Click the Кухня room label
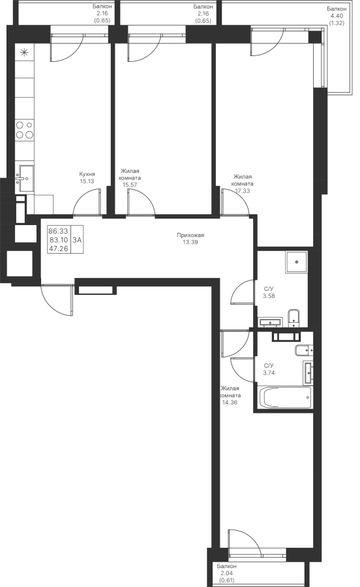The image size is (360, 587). pos(87,174)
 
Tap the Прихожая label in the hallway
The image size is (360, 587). pos(190,235)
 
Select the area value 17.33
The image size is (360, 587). pos(243,190)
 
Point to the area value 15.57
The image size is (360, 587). pos(130,185)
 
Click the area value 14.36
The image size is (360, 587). pos(230,402)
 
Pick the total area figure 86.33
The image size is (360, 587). pos(59,232)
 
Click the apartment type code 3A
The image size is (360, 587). pos(77,240)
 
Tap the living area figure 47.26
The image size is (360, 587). pos(59,248)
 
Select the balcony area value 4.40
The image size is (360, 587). pos(337,16)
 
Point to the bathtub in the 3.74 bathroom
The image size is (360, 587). pos(285,398)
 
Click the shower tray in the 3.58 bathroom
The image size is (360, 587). pos(297,262)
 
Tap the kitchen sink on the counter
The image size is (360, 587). pos(24,179)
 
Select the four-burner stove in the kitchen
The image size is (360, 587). pos(25,130)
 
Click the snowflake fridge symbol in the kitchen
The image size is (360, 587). pos(24,52)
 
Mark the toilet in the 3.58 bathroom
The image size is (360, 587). pos(294,317)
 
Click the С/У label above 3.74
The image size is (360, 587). pos(269,366)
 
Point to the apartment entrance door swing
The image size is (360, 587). pos(57,300)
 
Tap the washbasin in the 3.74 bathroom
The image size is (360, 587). pos(308,373)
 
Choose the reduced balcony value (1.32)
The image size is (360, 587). pos(337,22)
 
